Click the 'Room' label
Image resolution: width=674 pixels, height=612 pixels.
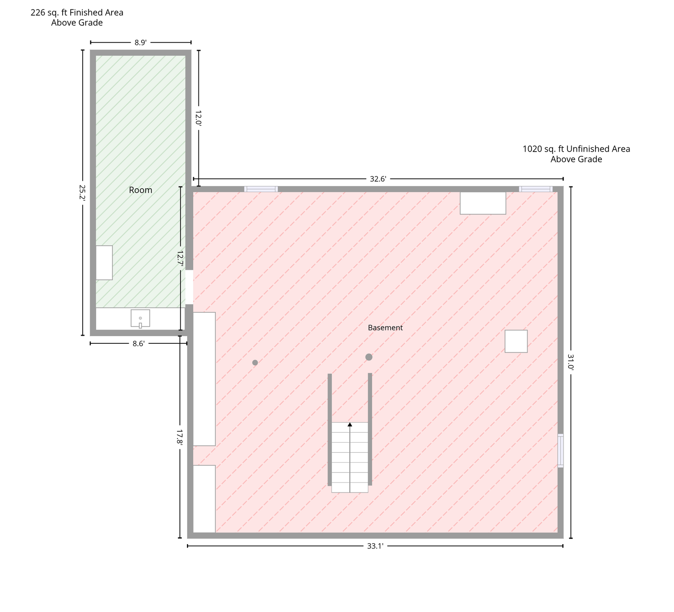(x=141, y=190)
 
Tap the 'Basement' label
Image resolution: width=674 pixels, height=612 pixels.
(x=385, y=328)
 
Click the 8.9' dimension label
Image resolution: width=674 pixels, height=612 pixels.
(x=141, y=43)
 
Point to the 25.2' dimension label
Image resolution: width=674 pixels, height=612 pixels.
(x=82, y=192)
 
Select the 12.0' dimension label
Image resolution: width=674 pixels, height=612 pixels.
(x=199, y=118)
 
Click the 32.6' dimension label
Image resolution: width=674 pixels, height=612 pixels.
(x=378, y=179)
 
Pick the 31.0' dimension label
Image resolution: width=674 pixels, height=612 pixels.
(x=571, y=362)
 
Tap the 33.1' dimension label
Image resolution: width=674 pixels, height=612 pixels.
(x=375, y=546)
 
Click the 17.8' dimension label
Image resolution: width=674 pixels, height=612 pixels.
(x=179, y=437)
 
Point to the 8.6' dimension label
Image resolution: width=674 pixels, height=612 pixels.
(x=138, y=344)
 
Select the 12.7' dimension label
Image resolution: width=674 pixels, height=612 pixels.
(x=180, y=258)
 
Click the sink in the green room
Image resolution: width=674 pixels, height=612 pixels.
(x=141, y=318)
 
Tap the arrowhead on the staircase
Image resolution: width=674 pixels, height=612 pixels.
(x=350, y=425)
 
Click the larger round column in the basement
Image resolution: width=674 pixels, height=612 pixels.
(x=369, y=357)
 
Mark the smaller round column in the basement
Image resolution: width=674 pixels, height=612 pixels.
(x=255, y=363)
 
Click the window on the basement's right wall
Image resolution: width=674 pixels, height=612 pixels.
(x=561, y=451)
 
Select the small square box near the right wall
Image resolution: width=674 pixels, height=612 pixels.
(x=516, y=341)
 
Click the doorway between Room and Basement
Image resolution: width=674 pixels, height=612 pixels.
(x=189, y=287)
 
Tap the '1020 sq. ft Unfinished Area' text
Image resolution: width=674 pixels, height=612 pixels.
(x=576, y=149)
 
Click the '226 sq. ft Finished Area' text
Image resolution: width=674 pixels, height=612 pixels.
(x=77, y=12)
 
